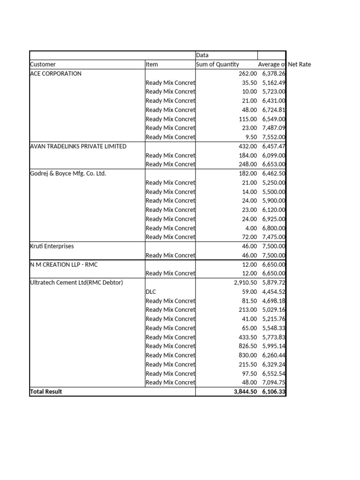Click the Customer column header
43,64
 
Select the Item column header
152,64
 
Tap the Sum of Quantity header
217,64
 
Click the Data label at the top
202,55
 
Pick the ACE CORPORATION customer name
55,74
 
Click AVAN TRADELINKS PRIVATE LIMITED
78,146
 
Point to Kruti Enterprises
52,246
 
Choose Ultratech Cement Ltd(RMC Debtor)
76,283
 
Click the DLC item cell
151,292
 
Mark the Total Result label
46,391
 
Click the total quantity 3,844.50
245,391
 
